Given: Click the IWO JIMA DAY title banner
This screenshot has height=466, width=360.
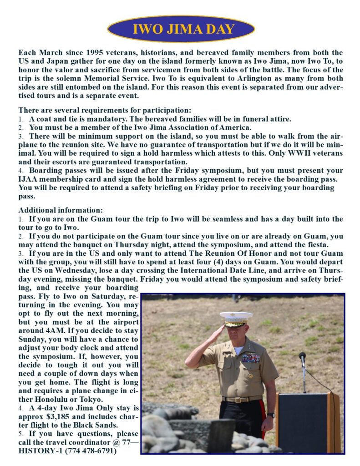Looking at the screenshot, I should tap(181, 29).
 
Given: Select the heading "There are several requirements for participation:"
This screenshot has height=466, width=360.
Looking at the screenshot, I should tap(105, 110).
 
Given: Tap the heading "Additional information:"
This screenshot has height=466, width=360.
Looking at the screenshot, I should tap(61, 210).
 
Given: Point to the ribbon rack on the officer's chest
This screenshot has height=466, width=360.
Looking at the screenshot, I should tap(250, 358).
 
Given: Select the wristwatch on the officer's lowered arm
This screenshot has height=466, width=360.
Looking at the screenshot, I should tap(271, 415).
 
